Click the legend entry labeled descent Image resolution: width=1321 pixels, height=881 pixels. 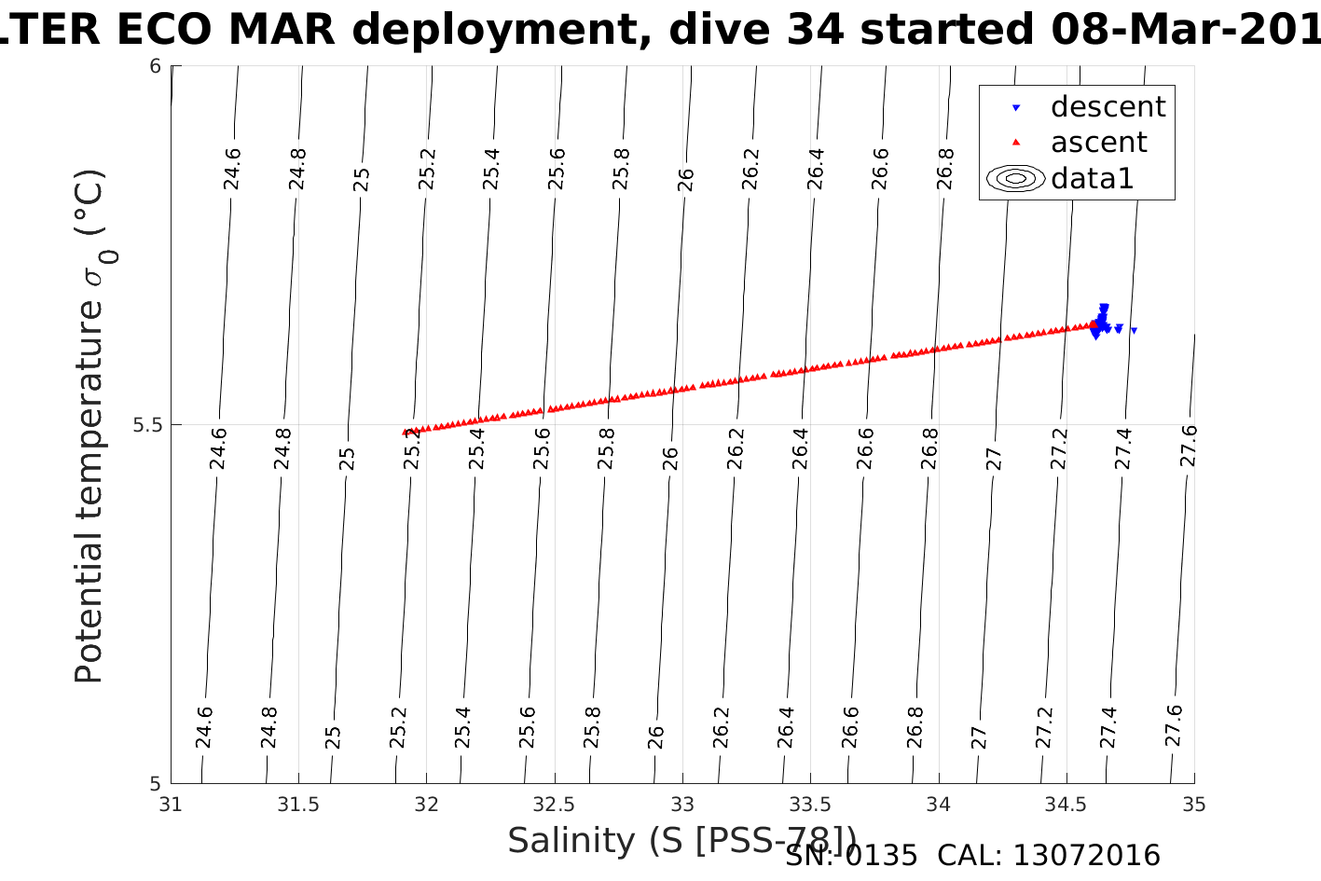pos(1108,107)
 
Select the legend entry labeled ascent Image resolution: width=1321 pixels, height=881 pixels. pos(1098,143)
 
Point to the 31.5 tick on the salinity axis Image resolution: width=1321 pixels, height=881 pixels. pos(298,804)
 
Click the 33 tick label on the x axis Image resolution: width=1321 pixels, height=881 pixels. pos(682,804)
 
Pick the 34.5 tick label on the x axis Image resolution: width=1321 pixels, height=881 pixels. pos(1066,804)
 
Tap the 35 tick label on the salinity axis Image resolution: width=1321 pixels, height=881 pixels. pos(1194,804)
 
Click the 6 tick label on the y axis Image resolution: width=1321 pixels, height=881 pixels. pos(156,66)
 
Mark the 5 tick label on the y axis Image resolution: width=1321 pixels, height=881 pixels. pos(156,783)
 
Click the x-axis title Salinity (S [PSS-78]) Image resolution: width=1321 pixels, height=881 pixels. pos(681,841)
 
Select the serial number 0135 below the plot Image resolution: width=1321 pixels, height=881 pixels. pos(881,856)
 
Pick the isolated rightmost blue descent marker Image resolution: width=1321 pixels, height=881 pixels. pos(1134,330)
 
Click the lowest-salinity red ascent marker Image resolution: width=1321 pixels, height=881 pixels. pos(405,432)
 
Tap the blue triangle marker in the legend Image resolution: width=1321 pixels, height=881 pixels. pos(1016,108)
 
